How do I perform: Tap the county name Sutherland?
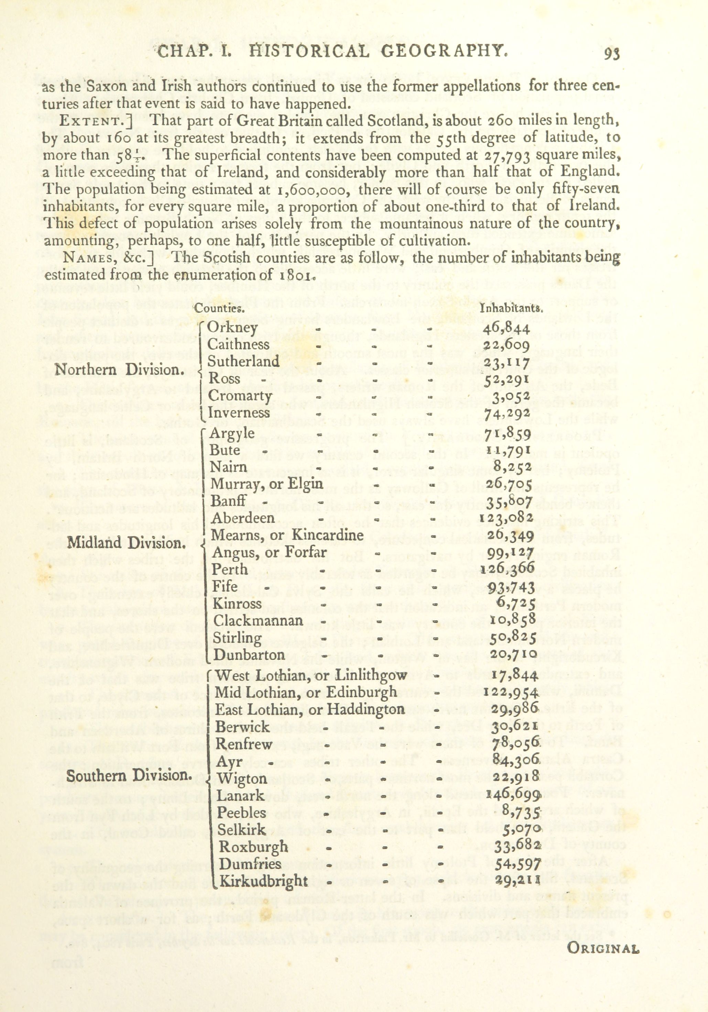243,361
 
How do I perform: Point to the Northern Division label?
119,369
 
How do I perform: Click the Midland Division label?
126,543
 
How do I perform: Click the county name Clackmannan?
258,621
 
